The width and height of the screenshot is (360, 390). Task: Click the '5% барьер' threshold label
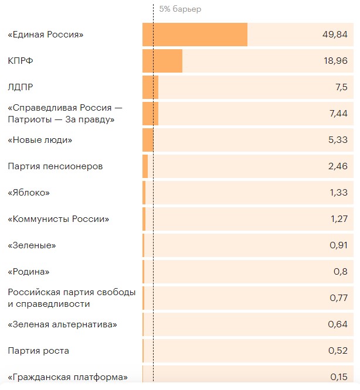pos(180,9)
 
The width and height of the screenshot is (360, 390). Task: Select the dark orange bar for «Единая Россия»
pos(195,35)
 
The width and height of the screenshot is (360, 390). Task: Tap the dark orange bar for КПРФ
pos(162,61)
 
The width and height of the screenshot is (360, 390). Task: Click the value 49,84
pos(335,35)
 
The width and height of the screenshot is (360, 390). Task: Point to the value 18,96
pos(335,61)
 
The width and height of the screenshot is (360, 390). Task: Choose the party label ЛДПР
pos(21,87)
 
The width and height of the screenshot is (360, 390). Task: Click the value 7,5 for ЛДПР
pos(341,87)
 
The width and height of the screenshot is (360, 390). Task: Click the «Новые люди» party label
pos(40,140)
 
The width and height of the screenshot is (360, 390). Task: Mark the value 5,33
pos(338,140)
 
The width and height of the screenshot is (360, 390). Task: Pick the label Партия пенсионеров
pos(55,166)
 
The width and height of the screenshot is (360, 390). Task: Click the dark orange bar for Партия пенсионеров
pos(145,166)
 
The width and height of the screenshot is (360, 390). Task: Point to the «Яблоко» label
pos(29,193)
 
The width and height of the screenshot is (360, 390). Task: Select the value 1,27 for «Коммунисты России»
pos(338,219)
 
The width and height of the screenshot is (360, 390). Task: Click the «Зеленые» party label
pos(32,245)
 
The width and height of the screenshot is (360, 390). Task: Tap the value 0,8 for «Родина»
pos(340,272)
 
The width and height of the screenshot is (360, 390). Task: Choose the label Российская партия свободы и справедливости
pos(72,298)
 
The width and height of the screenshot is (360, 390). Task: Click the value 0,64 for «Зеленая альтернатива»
pos(338,324)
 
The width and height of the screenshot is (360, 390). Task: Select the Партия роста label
pos(38,351)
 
